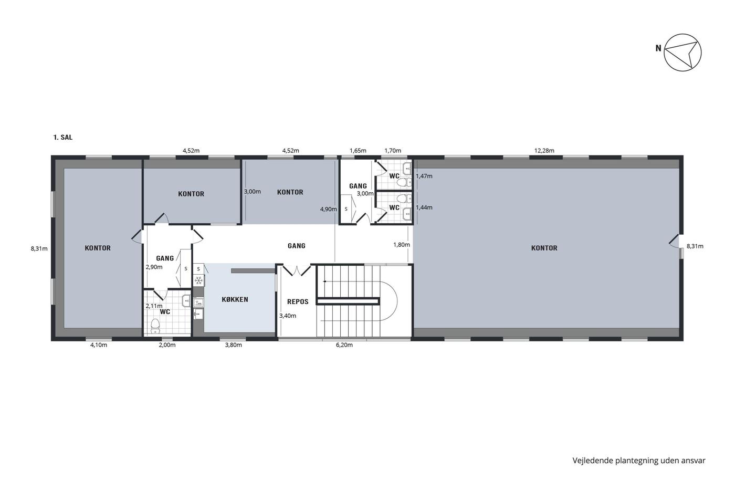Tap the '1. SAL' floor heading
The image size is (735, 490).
(62, 137)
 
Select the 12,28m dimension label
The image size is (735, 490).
(544, 151)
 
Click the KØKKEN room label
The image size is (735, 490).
(235, 299)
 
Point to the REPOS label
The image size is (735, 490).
(298, 301)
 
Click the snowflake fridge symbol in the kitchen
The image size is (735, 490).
(198, 280)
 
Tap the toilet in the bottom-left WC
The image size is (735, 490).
(155, 326)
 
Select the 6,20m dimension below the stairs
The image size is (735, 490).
(344, 345)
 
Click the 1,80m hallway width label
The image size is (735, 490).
(401, 245)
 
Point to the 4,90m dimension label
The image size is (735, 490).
(329, 209)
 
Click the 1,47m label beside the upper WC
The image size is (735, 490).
(424, 176)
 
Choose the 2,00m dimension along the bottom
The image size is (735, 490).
(167, 345)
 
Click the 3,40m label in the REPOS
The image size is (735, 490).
(288, 316)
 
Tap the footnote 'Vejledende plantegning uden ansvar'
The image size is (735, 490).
(639, 461)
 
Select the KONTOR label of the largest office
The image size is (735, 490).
(544, 248)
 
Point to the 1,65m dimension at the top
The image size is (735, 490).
(358, 151)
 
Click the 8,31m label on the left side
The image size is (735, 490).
(39, 248)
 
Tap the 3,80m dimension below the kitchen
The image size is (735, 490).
(233, 345)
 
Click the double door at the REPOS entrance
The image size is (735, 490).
(297, 270)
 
